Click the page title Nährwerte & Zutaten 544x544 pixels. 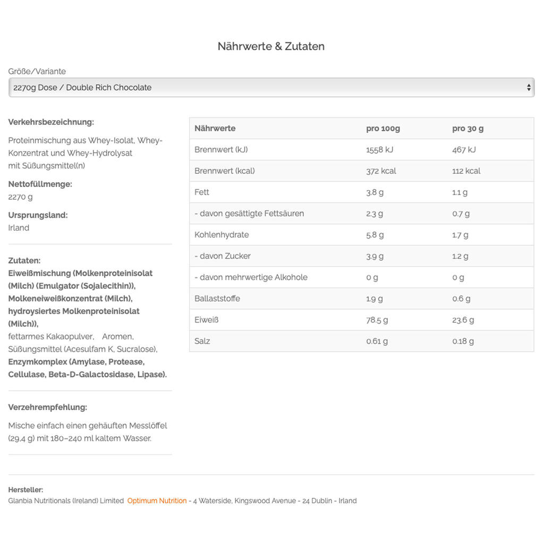point(271,46)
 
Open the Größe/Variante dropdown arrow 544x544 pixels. point(529,88)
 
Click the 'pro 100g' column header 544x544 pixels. point(382,129)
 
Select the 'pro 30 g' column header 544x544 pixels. point(467,129)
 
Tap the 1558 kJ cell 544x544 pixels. point(379,150)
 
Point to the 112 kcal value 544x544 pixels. point(466,171)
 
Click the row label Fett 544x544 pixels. point(202,192)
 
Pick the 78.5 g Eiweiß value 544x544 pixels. point(377,320)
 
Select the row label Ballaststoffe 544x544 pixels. point(217,299)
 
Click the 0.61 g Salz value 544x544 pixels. point(377,341)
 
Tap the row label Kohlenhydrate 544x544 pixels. point(222,235)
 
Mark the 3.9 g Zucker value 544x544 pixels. point(375,256)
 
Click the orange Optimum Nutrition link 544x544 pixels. point(157,500)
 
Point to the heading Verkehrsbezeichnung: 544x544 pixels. point(51,122)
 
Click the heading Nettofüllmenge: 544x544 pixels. point(40,184)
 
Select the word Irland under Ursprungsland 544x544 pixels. point(19,228)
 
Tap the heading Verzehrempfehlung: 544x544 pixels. point(47,407)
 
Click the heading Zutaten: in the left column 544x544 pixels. point(24,261)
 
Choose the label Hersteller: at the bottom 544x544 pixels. point(25,490)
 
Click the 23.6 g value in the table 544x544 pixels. point(463,320)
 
